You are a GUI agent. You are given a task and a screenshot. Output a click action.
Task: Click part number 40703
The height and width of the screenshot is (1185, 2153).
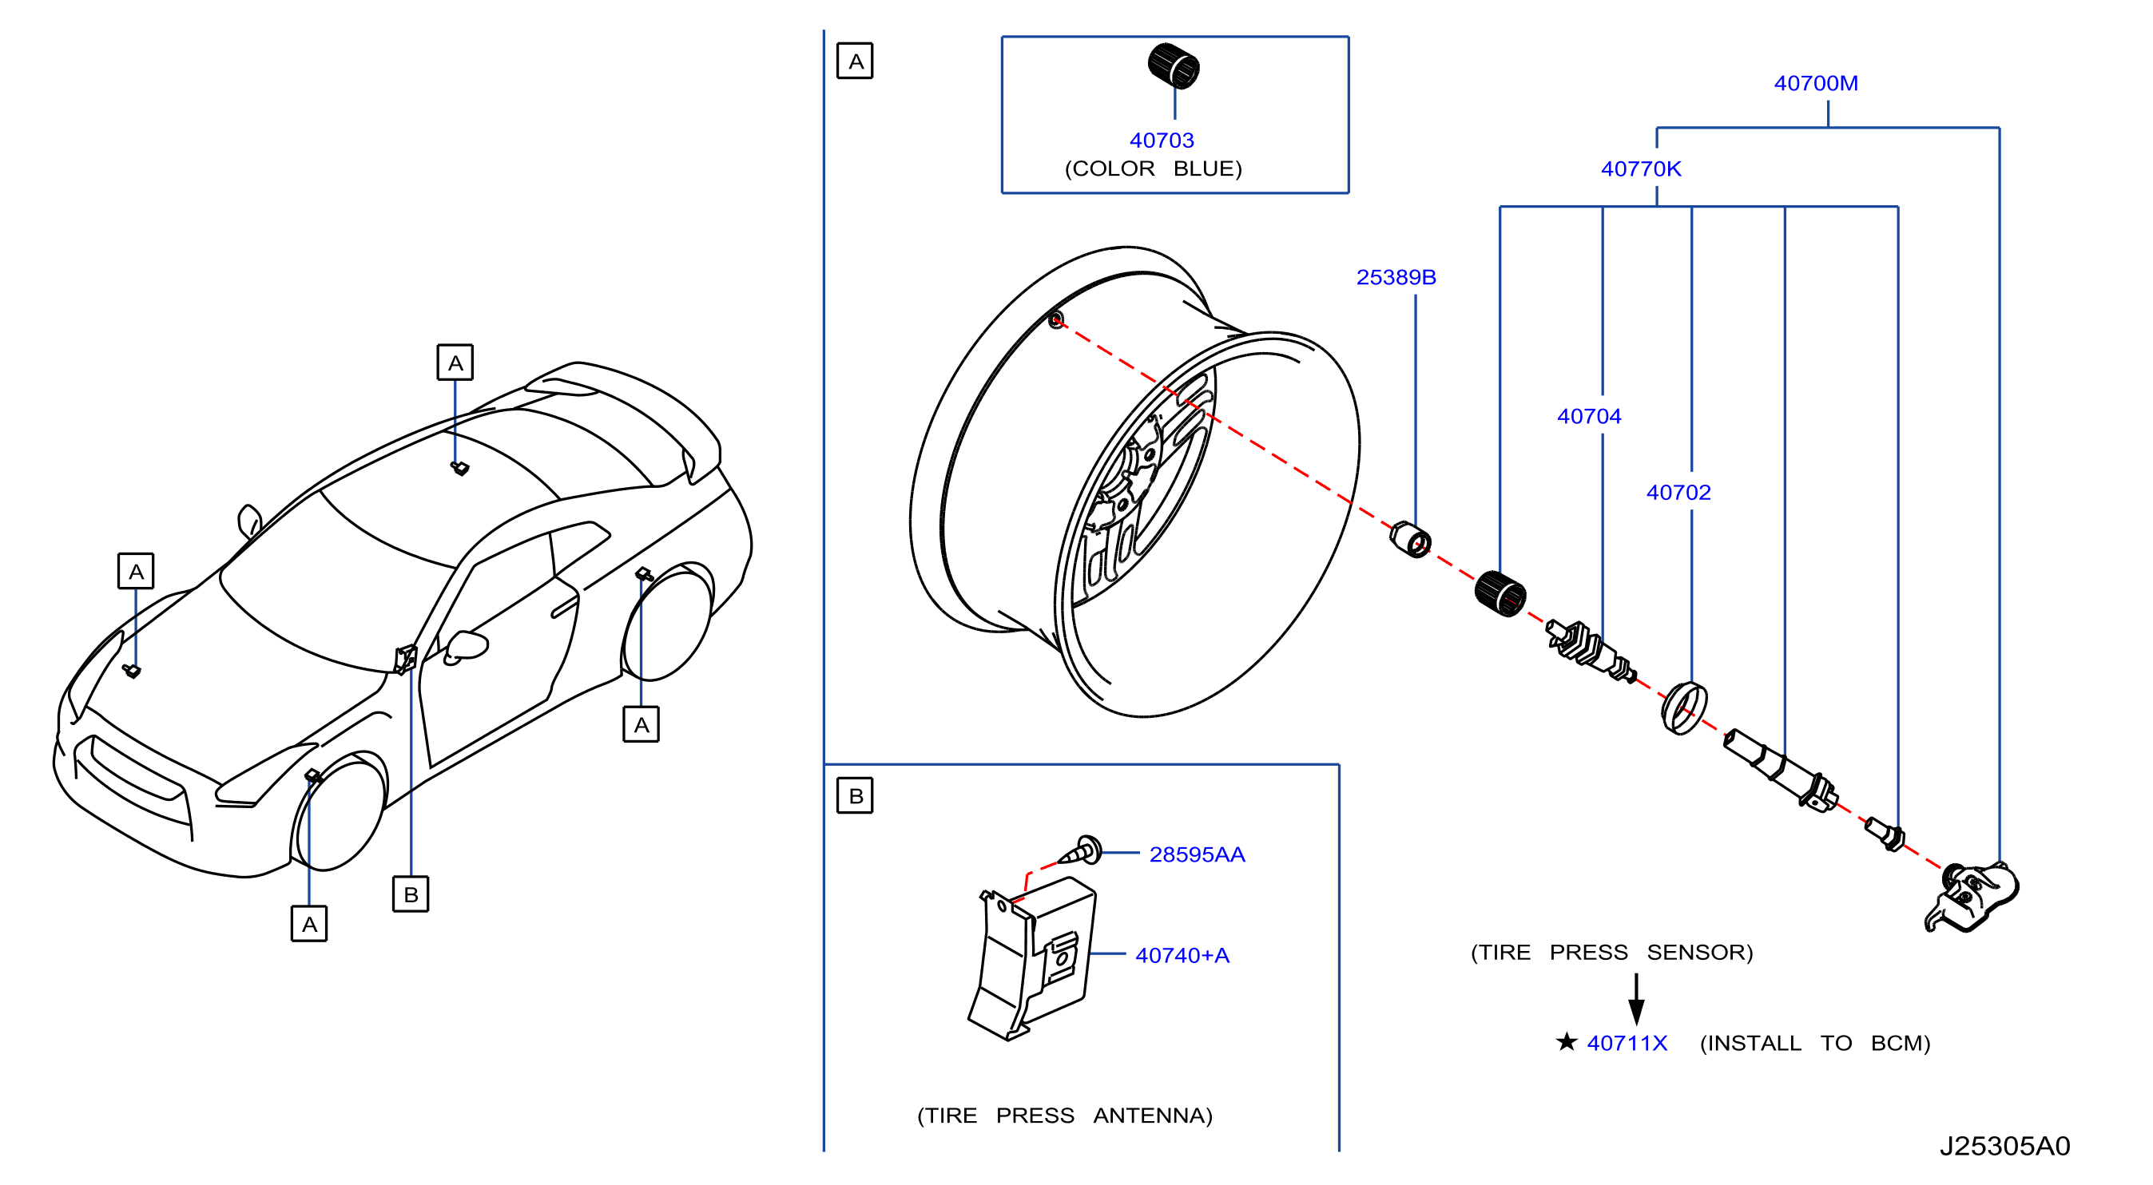[1161, 141]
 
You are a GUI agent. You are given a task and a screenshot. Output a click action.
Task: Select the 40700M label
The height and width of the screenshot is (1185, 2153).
[1815, 84]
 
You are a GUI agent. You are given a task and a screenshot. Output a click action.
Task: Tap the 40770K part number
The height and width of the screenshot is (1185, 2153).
[1641, 168]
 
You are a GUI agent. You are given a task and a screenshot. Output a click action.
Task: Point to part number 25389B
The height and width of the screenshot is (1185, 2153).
[1396, 277]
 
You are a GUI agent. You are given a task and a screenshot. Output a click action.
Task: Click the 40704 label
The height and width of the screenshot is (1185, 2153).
[1589, 416]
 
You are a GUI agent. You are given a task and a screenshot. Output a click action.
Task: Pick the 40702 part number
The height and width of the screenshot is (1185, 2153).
[1678, 492]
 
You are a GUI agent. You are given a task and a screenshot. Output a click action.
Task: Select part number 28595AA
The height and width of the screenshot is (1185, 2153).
[1197, 854]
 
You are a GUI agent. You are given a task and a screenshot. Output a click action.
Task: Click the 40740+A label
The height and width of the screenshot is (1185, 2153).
[1182, 955]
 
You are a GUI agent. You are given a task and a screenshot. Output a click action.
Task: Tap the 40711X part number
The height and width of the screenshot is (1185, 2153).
[1627, 1043]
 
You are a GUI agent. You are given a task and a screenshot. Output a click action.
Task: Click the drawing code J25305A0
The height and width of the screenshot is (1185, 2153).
[2004, 1146]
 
